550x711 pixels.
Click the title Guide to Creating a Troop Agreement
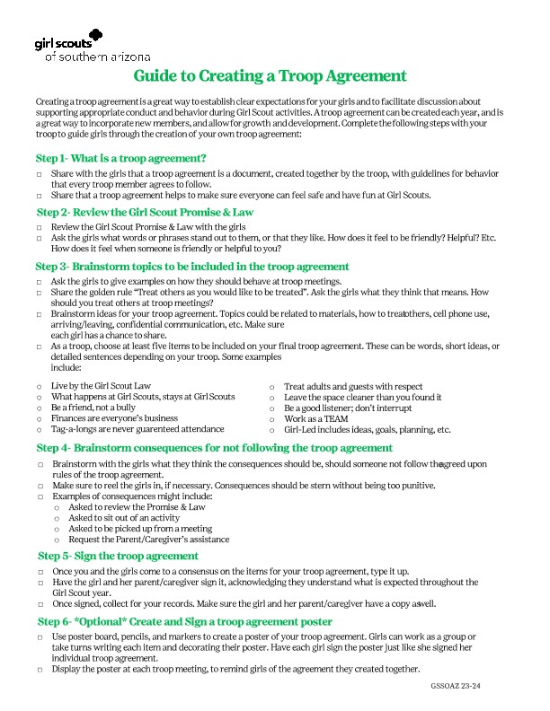(x=270, y=76)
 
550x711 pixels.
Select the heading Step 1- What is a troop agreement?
(x=121, y=158)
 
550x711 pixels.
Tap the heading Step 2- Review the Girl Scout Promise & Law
(x=145, y=213)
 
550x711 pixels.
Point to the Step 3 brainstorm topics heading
(x=192, y=267)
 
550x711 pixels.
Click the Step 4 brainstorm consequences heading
(x=214, y=447)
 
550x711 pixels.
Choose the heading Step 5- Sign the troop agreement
(x=118, y=556)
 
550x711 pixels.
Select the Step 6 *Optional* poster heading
(x=184, y=621)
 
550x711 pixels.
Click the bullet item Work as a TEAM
(x=315, y=418)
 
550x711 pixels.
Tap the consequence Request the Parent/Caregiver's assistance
(x=148, y=540)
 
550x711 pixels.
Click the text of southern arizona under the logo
(x=98, y=57)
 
